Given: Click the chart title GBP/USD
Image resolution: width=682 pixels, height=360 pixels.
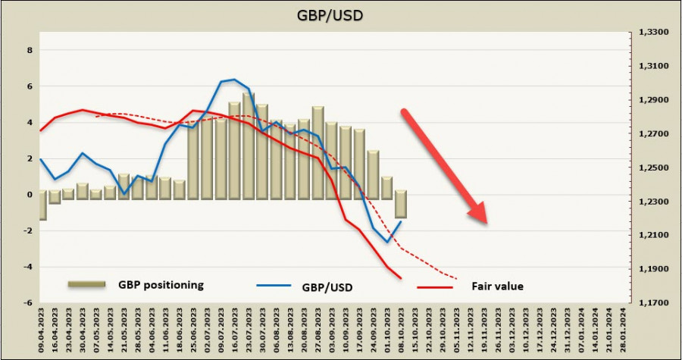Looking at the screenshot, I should pyautogui.click(x=340, y=15).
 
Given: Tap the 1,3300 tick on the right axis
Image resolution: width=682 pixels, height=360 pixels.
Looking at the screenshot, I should pyautogui.click(x=652, y=33).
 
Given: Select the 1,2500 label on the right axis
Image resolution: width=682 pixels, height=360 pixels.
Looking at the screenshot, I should pyautogui.click(x=652, y=168).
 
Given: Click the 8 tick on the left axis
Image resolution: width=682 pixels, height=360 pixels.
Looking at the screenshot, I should pyautogui.click(x=30, y=51).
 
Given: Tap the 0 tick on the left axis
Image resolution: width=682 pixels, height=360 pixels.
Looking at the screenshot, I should pyautogui.click(x=30, y=195).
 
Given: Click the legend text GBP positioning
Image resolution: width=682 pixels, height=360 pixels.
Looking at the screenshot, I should pyautogui.click(x=161, y=285).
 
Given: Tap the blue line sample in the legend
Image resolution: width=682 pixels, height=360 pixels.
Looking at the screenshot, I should pyautogui.click(x=272, y=286).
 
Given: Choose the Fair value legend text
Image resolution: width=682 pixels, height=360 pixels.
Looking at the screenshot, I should pyautogui.click(x=498, y=286).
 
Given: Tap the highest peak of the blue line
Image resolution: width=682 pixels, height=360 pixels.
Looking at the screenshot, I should pyautogui.click(x=234, y=79).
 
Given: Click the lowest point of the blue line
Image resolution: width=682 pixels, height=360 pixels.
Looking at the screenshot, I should pyautogui.click(x=388, y=243).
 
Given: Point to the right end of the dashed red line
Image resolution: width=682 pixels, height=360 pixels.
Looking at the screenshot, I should pyautogui.click(x=457, y=279).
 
